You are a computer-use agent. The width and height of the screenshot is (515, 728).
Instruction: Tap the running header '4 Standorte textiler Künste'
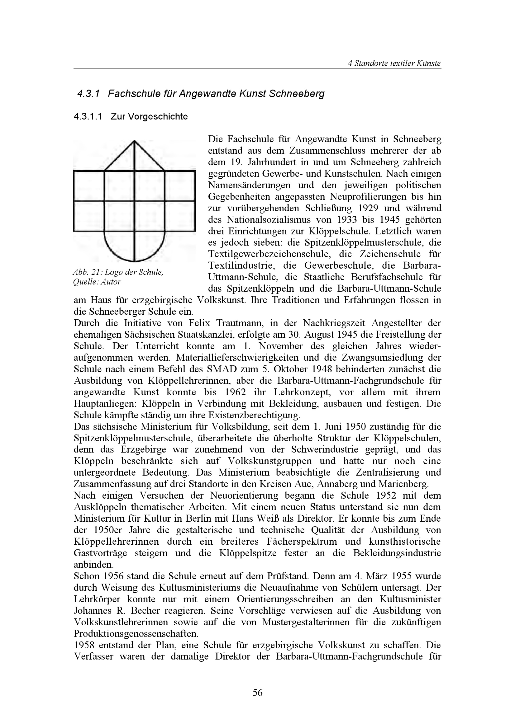394,63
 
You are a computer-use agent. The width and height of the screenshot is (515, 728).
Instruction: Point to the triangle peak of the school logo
134,142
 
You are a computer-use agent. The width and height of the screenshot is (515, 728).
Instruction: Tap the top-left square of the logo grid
89,186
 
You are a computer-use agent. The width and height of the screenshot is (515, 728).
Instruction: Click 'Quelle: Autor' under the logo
97,282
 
